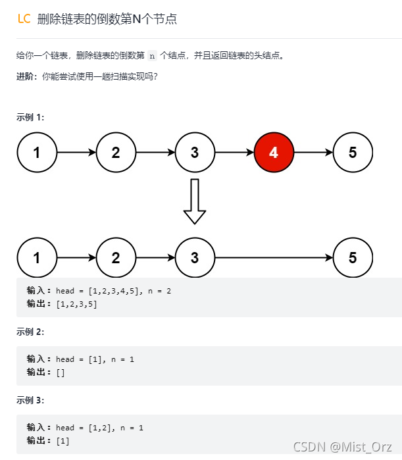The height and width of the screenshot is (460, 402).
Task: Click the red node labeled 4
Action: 274,153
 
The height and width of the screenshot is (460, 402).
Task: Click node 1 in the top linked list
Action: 37,153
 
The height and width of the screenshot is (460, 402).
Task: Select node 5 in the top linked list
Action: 353,153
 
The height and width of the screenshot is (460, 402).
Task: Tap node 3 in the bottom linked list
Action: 195,257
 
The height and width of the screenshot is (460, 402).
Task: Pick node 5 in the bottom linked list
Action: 353,257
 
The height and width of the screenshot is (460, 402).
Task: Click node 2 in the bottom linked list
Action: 116,257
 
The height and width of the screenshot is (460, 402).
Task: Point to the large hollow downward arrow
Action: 195,201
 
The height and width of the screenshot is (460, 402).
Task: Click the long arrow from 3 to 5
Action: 274,257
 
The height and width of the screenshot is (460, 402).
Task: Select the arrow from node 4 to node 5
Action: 313,153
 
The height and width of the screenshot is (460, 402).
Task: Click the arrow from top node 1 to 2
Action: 76,153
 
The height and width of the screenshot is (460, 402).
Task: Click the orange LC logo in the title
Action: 24,19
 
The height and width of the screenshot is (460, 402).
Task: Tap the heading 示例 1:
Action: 30,117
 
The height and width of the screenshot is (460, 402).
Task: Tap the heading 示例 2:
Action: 30,332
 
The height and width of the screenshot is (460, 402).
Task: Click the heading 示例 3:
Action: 30,400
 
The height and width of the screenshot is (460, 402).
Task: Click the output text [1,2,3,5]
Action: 76,304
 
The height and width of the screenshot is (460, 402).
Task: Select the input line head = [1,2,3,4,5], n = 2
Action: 113,291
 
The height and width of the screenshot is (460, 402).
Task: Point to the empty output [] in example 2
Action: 61,372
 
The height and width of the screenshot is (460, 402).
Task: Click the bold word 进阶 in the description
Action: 27,76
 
